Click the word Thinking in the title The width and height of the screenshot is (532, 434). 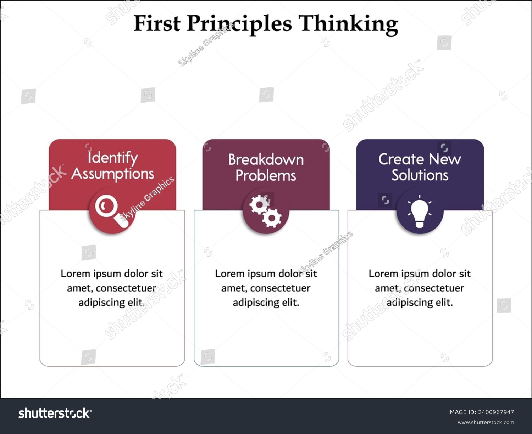pyautogui.click(x=348, y=24)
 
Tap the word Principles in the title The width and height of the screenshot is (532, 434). pyautogui.click(x=239, y=24)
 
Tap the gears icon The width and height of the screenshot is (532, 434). pyautogui.click(x=266, y=211)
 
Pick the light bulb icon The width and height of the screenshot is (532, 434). pyautogui.click(x=420, y=211)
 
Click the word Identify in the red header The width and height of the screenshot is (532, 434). pyautogui.click(x=113, y=158)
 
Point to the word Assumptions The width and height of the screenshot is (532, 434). pyautogui.click(x=113, y=174)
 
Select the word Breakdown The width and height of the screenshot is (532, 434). pyautogui.click(x=266, y=160)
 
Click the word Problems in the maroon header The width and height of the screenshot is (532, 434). pyautogui.click(x=266, y=176)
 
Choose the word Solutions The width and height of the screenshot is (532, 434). pyautogui.click(x=420, y=175)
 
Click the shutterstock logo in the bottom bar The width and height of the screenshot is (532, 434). pyautogui.click(x=55, y=413)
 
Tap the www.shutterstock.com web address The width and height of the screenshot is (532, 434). pyautogui.click(x=486, y=422)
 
